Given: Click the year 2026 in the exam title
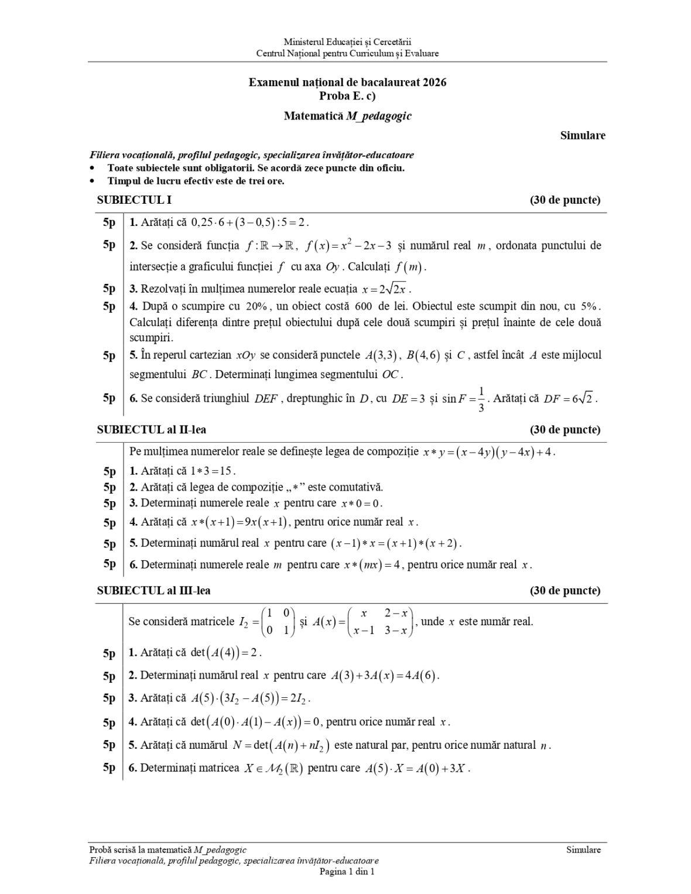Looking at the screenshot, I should (434, 83).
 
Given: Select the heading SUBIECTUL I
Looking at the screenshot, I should (134, 200).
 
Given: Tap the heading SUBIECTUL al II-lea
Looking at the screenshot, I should (151, 430).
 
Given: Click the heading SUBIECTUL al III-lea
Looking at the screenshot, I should (153, 591).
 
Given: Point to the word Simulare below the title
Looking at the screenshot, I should (582, 136).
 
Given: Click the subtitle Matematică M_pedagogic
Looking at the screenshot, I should (347, 116).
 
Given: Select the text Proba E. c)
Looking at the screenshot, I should (347, 94).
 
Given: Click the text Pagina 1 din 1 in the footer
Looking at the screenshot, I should (347, 871).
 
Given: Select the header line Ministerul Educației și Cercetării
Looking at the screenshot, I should (347, 42).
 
